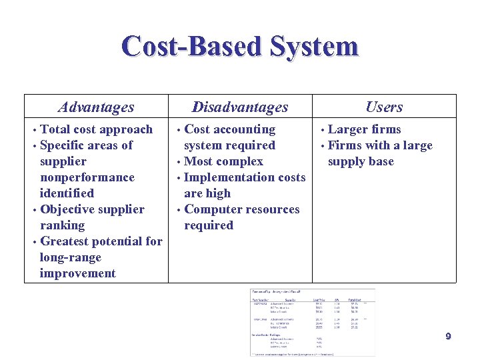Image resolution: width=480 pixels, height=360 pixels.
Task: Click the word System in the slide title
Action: [x=314, y=47]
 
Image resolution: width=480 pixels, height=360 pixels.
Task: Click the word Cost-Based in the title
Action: [x=191, y=47]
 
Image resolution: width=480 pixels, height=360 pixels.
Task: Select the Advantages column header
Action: [x=96, y=107]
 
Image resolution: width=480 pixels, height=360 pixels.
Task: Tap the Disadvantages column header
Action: [x=240, y=107]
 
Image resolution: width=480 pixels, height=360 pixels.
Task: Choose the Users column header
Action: [x=384, y=107]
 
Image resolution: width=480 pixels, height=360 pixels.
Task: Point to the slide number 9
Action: [x=448, y=337]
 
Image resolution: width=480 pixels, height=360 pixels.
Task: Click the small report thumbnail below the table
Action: [x=312, y=322]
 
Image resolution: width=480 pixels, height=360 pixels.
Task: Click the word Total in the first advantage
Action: [x=55, y=129]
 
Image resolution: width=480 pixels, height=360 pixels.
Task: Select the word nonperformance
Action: [x=87, y=177]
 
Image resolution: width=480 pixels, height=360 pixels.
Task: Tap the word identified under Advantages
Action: [x=67, y=193]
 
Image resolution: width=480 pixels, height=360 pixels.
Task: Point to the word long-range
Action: [x=71, y=257]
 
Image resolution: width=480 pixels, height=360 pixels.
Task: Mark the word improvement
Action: [x=77, y=273]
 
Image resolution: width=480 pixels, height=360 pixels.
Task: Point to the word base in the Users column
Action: [x=381, y=161]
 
